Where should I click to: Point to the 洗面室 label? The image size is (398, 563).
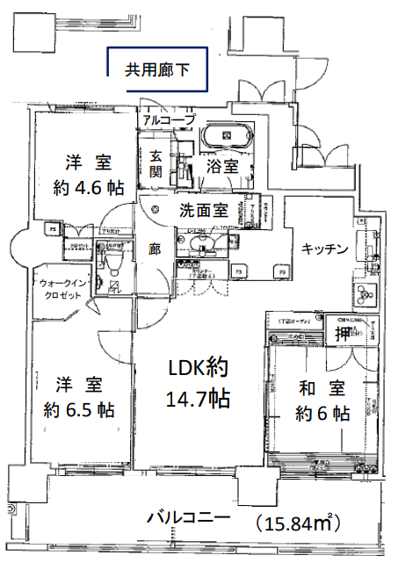tap(204, 211)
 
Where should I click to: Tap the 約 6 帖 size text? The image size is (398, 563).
tap(323, 413)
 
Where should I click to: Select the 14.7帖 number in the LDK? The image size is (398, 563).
tap(198, 399)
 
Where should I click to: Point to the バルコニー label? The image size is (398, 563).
tap(189, 517)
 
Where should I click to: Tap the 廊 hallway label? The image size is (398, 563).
tap(155, 249)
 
